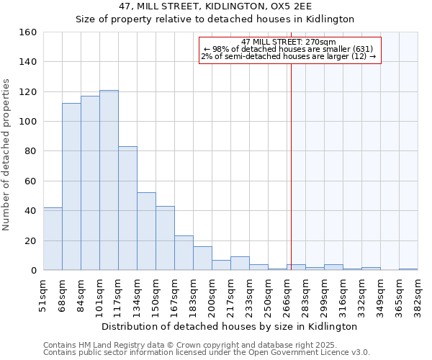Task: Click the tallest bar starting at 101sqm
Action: coord(109,180)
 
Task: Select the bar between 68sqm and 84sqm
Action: coord(71,186)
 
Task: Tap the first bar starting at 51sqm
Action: coord(53,238)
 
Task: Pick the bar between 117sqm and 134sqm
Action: coord(127,208)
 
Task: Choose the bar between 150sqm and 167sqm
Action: coord(165,238)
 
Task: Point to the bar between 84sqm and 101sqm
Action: coord(90,183)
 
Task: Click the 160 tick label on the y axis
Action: coord(28,32)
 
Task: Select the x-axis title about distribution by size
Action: coord(230,326)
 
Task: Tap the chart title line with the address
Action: coord(215,6)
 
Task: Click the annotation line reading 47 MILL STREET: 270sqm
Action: coord(289,42)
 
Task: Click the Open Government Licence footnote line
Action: coord(207,353)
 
